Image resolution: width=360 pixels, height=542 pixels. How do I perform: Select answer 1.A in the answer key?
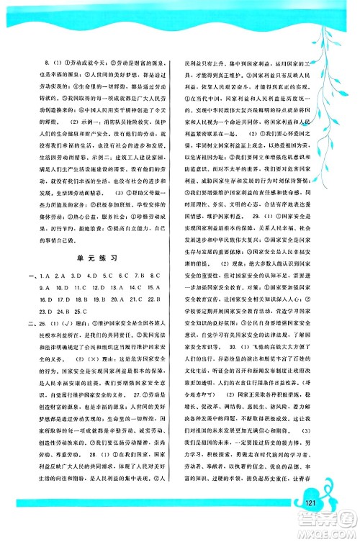pos(48,255)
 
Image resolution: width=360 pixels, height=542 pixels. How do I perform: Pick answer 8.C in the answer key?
pos(158,255)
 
